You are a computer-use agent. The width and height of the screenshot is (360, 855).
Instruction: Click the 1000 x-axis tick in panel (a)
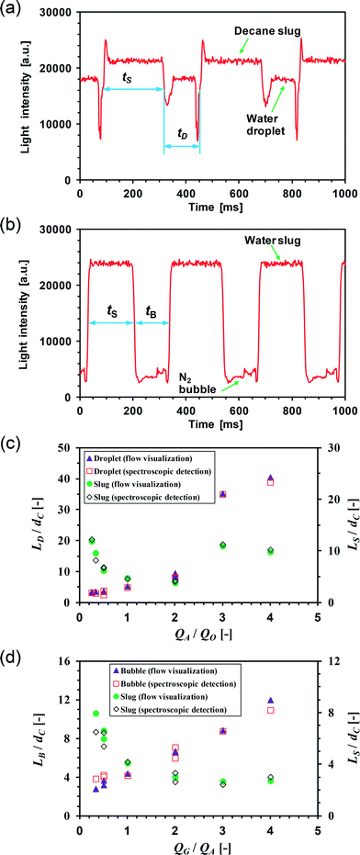[x=344, y=194]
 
